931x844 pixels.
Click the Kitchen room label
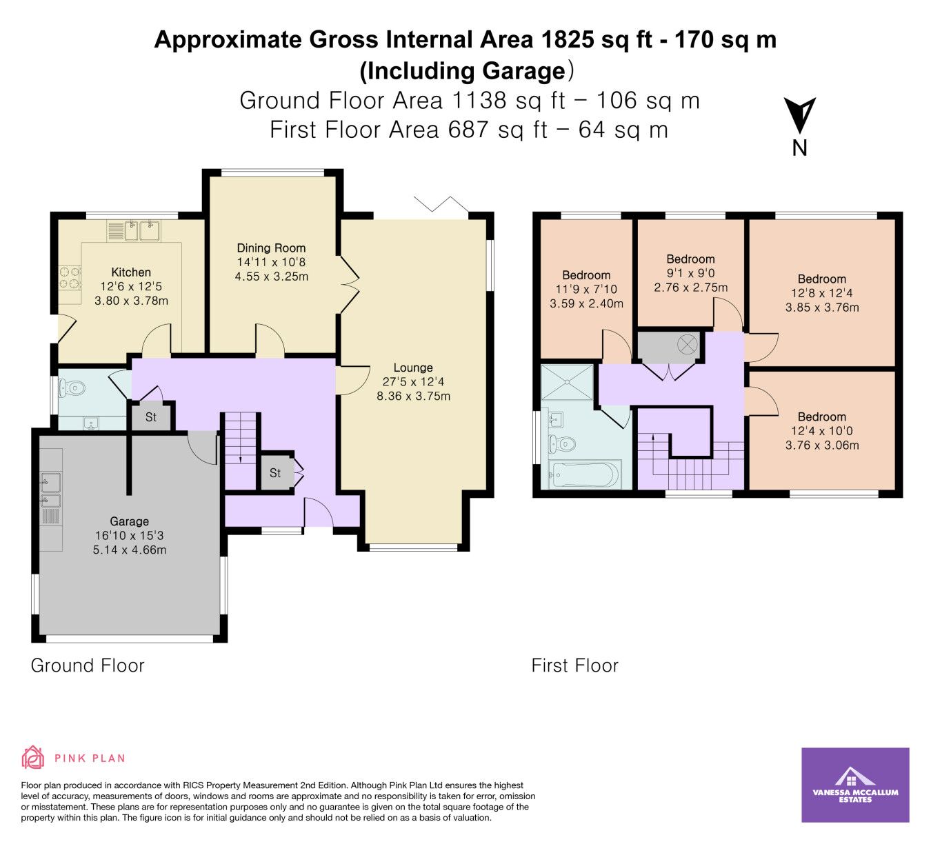click(x=131, y=272)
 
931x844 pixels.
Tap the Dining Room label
click(x=271, y=248)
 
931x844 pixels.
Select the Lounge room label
click(x=413, y=368)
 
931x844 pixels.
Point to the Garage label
click(x=129, y=521)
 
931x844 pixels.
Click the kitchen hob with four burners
click(x=70, y=278)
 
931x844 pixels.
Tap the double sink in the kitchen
click(x=142, y=231)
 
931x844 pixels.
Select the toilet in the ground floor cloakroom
click(x=72, y=388)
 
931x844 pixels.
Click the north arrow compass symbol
click(x=799, y=116)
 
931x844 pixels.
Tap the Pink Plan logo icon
click(x=33, y=680)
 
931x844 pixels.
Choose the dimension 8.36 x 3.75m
click(x=413, y=396)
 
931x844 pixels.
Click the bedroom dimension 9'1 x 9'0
click(x=690, y=274)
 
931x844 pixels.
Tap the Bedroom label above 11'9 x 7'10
click(x=586, y=275)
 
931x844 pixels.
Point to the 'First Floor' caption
click(x=574, y=665)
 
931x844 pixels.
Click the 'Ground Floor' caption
click(x=88, y=665)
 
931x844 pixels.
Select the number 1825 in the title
click(x=567, y=40)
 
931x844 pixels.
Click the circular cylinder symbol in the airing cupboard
click(x=688, y=344)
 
